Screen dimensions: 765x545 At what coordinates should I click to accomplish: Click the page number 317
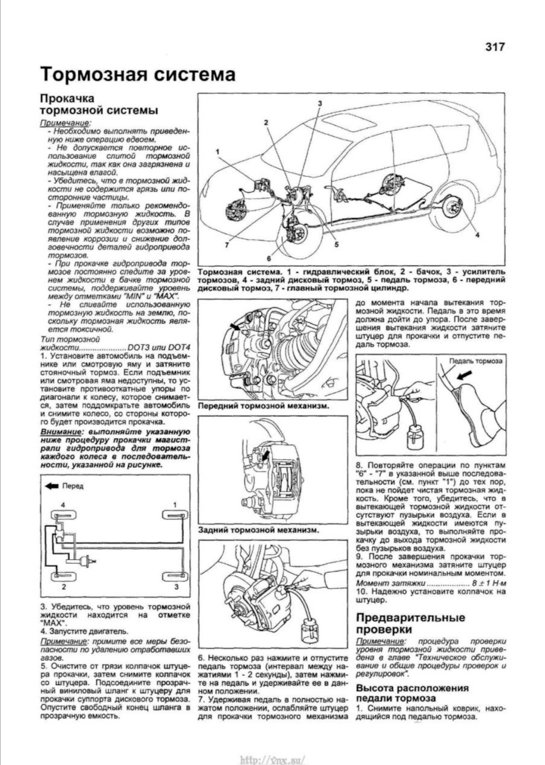(494, 48)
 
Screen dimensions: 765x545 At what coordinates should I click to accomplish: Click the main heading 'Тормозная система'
(137, 75)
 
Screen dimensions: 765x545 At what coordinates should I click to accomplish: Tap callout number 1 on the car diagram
(217, 151)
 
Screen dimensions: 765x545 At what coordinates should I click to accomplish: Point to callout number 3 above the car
(320, 103)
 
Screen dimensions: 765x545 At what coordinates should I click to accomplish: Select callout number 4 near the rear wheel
(477, 234)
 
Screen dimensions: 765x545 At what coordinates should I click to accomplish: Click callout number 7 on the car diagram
(226, 245)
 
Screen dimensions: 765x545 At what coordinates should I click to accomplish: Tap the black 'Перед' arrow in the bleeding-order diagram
(53, 485)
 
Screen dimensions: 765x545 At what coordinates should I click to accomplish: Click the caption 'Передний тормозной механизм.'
(263, 406)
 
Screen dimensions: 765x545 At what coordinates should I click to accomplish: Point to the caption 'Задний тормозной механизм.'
(258, 530)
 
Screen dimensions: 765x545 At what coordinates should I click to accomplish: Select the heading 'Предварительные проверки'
(410, 623)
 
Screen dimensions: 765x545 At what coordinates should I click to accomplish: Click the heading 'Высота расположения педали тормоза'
(412, 693)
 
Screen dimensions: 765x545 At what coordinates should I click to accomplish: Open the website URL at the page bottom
(272, 759)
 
